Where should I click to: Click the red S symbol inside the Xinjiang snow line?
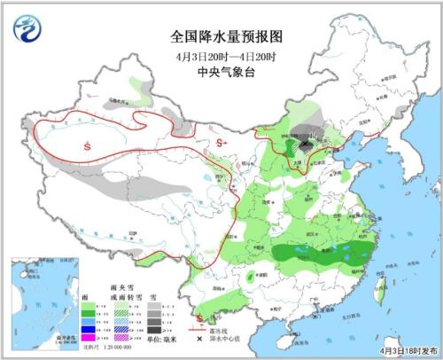[87, 145]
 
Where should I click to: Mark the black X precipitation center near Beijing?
[307, 142]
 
